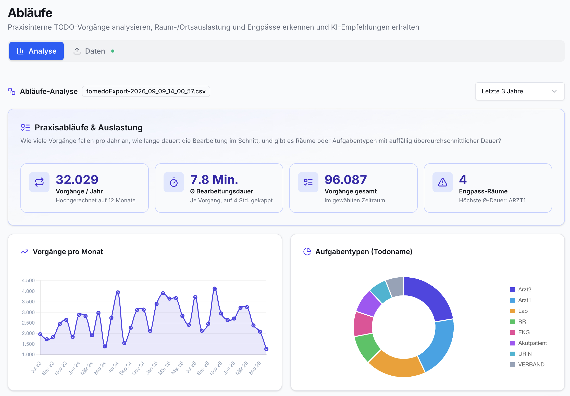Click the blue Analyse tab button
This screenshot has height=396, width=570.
[x=36, y=51]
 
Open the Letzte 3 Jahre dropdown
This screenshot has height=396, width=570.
[x=520, y=91]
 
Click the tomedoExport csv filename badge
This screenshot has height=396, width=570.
[x=146, y=91]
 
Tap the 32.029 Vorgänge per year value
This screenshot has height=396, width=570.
[x=77, y=180]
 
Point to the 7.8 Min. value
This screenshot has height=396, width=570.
[x=214, y=180]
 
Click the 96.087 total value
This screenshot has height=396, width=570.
[x=346, y=180]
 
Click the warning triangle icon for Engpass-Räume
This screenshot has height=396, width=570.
[x=443, y=182]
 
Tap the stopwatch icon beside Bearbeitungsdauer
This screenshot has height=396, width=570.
[x=174, y=182]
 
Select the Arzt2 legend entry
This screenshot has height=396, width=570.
[x=521, y=289]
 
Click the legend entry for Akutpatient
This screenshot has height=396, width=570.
[x=528, y=343]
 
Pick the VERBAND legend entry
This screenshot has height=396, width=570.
[x=527, y=364]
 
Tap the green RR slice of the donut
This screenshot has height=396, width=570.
[x=366, y=346]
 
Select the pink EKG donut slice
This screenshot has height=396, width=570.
[x=363, y=324]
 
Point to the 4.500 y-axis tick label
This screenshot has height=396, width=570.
[x=28, y=280]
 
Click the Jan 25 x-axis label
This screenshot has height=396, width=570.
[x=152, y=368]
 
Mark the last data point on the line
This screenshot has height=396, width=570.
[x=266, y=349]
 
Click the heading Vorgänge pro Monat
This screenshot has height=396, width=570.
[x=68, y=252]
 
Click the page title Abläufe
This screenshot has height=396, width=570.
[x=30, y=13]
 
